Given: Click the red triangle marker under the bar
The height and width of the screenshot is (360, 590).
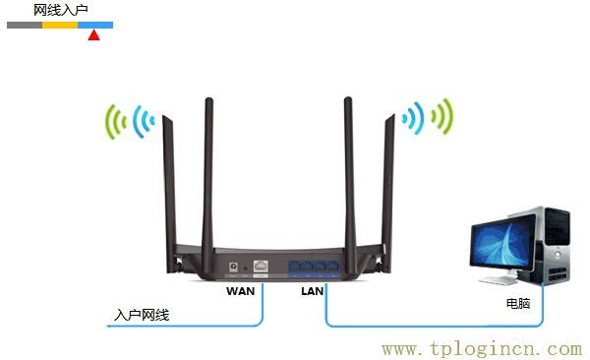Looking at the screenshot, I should pos(93,35).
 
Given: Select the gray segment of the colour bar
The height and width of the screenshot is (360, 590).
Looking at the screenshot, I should pos(25,24).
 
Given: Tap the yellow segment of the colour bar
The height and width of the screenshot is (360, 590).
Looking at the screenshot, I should pos(60,24).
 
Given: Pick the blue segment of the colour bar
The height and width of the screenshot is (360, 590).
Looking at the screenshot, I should pos(95,24).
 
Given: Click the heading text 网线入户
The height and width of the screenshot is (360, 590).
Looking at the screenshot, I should pos(61,9).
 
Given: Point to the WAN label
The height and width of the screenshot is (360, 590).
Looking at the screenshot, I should pos(240,291).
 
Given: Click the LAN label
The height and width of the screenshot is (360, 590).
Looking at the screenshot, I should pos(312,291).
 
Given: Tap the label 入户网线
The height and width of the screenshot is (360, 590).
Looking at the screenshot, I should pos(142,315).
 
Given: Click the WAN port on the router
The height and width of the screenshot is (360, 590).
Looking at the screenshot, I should pos(262,266).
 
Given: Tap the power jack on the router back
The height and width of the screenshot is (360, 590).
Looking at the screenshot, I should pos(234,266).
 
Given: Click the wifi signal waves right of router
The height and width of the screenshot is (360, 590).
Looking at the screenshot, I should pos(427,118).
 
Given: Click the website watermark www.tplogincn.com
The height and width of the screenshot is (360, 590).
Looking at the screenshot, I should pos(481,348).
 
